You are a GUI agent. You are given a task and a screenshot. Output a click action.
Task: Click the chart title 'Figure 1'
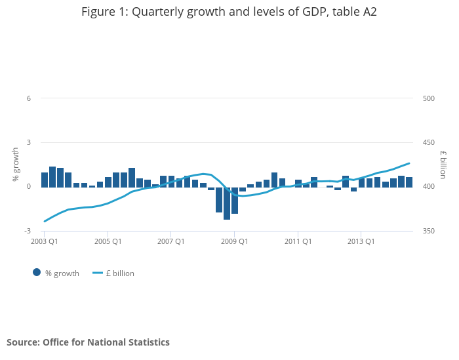click(229, 12)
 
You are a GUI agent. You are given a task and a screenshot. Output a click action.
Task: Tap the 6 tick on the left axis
click(29, 98)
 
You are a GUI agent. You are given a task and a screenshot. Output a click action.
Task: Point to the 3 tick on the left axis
click(29, 142)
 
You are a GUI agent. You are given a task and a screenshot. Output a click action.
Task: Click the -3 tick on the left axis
click(28, 231)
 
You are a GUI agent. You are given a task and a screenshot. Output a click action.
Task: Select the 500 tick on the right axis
click(429, 98)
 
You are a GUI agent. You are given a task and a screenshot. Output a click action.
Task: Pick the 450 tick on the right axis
click(429, 142)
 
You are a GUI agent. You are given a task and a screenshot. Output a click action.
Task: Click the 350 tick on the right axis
click(429, 231)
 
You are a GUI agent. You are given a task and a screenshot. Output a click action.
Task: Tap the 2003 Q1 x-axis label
click(45, 241)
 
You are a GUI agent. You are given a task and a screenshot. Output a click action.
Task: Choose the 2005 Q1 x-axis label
click(108, 241)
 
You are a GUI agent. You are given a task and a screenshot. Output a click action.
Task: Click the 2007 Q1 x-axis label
click(170, 241)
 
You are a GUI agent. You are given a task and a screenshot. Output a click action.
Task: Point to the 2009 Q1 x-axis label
click(234, 241)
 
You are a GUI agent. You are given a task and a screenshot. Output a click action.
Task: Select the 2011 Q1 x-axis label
click(298, 241)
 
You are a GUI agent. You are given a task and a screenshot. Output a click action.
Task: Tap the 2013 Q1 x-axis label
click(361, 241)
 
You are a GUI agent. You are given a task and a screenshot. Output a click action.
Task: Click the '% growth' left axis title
click(16, 165)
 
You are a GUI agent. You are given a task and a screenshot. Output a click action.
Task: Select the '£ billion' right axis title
click(443, 165)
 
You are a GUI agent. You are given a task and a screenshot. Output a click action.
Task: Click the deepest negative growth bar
click(227, 203)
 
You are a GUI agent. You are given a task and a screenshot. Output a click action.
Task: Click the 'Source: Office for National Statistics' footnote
click(88, 342)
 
